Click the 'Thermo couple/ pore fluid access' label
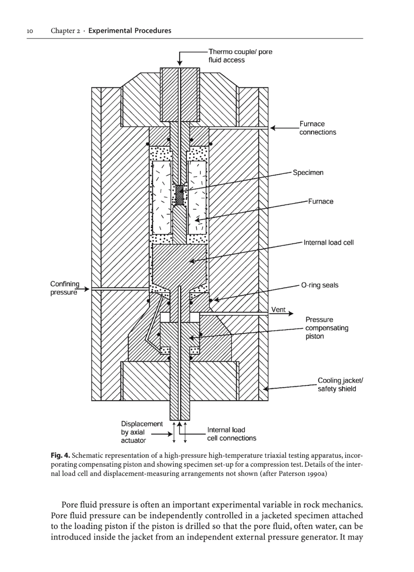(240, 56)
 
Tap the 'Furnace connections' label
(317, 128)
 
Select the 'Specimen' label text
(308, 173)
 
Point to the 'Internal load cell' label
(329, 242)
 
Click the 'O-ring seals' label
(320, 285)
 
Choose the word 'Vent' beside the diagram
(278, 310)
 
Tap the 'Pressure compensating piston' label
(327, 328)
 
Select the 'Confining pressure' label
(65, 288)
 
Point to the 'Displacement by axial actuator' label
(141, 432)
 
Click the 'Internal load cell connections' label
(232, 434)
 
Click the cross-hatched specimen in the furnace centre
(180, 195)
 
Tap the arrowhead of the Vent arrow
(291, 313)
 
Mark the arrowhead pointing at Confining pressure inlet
(87, 289)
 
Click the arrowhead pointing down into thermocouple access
(180, 63)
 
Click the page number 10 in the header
(30, 31)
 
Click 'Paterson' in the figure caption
(292, 474)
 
